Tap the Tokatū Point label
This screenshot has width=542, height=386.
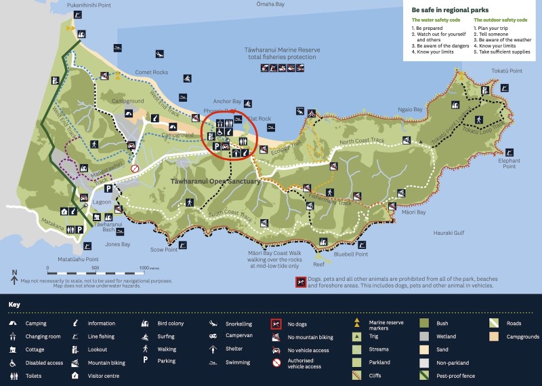[x=505, y=71]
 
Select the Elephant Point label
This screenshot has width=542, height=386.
[x=509, y=163]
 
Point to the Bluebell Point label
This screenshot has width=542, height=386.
[x=351, y=254]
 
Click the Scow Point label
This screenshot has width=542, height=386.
[x=164, y=249]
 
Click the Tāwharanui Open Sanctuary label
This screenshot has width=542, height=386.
[x=205, y=181]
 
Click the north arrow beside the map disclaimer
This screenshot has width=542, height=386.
[x=14, y=275]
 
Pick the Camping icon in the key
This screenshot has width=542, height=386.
[x=13, y=324]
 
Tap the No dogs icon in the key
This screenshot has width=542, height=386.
[x=276, y=324]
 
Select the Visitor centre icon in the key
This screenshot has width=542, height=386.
[x=74, y=375]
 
